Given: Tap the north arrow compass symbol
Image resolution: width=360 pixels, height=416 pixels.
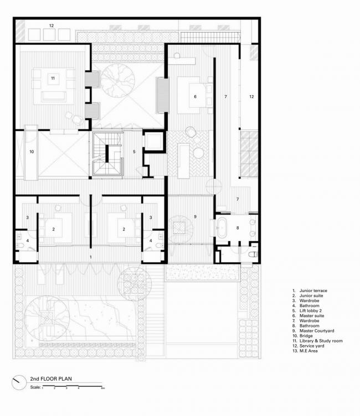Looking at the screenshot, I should (x=19, y=381).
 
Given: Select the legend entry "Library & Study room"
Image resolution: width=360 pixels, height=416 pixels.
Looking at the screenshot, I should (x=316, y=341).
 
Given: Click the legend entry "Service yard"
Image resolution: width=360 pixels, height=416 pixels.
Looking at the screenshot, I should (x=308, y=346).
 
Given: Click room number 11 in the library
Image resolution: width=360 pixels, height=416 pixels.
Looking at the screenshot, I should (x=53, y=77).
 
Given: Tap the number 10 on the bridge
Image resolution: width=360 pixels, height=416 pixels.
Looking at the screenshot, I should (x=32, y=150).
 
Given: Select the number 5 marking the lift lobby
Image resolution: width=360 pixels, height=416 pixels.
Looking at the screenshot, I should (x=133, y=151).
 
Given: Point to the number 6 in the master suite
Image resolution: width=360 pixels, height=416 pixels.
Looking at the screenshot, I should (x=195, y=96).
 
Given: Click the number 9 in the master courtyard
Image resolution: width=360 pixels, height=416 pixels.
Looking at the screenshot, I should (x=195, y=216).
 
